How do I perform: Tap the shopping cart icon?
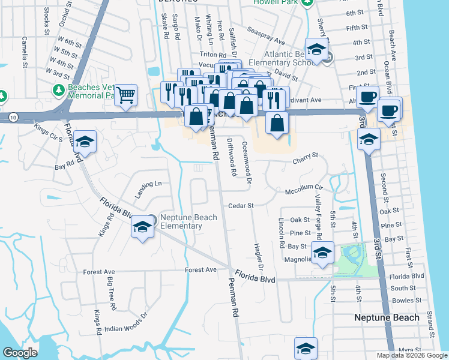pos(126,95)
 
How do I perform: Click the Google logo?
pos(20,352)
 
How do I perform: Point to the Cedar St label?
pos(241,205)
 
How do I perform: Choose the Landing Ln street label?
pos(148,190)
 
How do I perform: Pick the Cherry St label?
pos(306,158)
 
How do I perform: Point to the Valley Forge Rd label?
pos(319,213)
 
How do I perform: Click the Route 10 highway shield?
pos(13,118)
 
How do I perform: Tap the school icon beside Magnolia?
pos(322,252)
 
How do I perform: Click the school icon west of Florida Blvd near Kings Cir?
pos(85,142)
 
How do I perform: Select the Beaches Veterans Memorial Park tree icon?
pos(59,91)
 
